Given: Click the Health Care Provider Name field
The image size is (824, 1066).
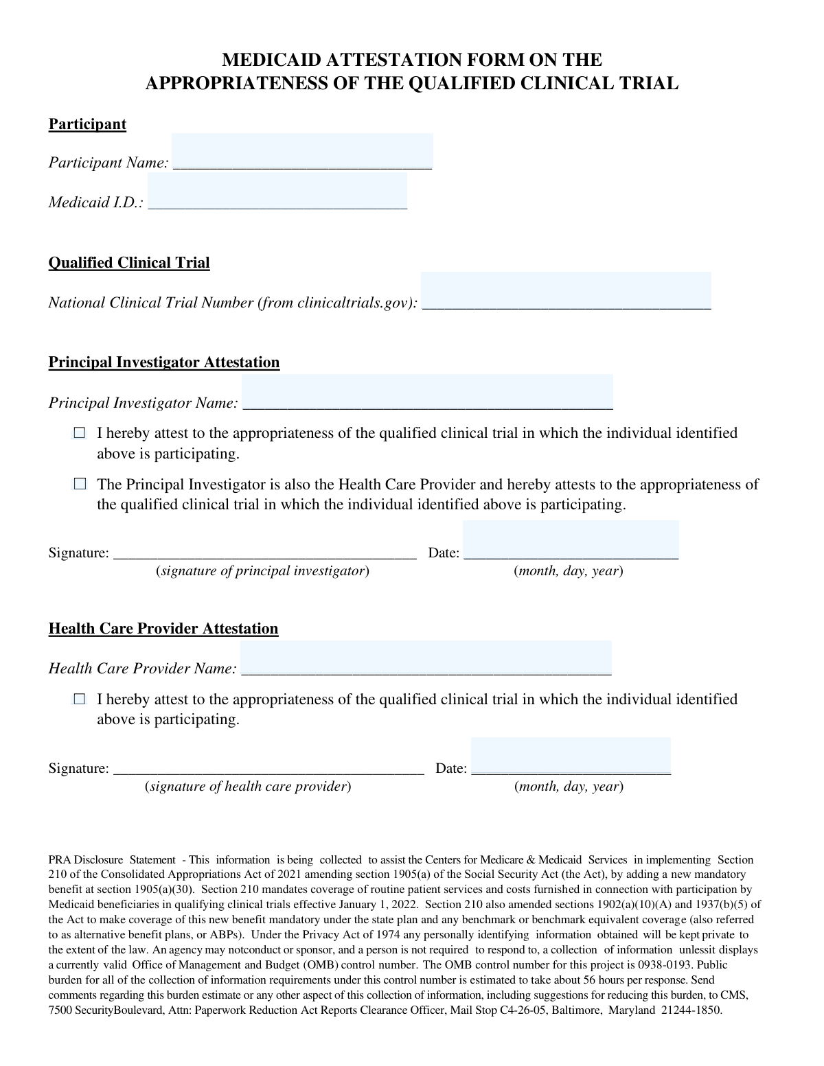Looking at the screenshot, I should (426, 658).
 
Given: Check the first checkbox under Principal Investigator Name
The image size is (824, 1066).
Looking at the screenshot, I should (80, 433).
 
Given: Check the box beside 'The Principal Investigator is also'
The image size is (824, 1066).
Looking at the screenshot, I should (80, 485).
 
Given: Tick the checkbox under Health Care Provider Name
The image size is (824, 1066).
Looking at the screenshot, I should (80, 699).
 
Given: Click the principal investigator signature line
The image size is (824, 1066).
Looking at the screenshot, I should (264, 553).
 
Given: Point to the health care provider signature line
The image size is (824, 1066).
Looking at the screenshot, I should (268, 769).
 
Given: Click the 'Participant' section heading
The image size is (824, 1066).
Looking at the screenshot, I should (87, 124).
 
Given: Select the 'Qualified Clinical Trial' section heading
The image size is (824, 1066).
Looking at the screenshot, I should (129, 263).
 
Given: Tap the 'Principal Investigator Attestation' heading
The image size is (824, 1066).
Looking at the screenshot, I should (164, 362).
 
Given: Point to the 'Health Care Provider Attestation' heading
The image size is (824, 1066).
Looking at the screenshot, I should (163, 629).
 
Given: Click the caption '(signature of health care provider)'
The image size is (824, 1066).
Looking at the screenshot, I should (248, 787).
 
